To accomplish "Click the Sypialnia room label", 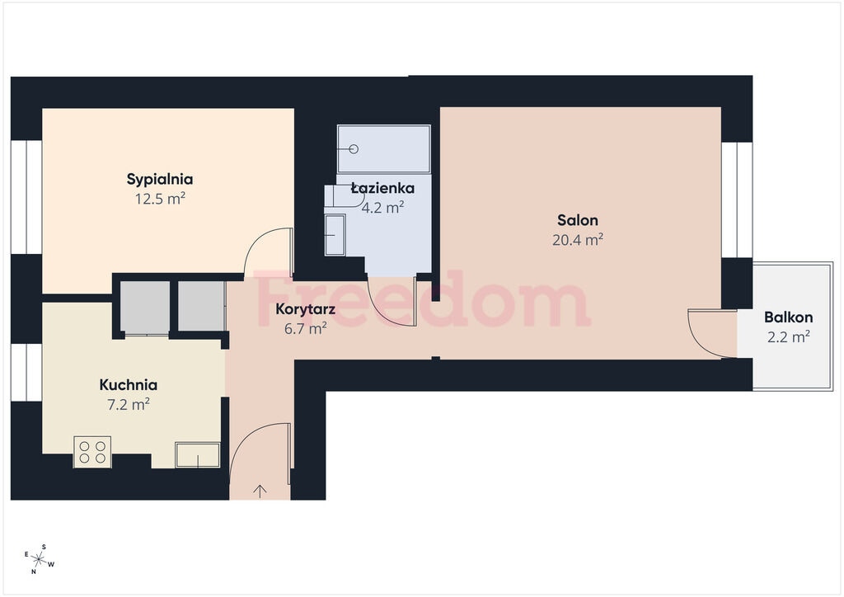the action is pos(160,179).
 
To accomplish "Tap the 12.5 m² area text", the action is pos(160,199).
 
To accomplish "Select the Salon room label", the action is pos(578,220).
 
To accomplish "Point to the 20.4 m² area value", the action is pos(578,240).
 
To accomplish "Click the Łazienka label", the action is pos(382,188).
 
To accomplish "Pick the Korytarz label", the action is pos(305,309).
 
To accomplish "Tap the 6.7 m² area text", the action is pos(305,328).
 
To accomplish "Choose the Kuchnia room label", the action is pos(128,385).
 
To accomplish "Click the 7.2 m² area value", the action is pos(128,404).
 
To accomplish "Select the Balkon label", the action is pos(789,317).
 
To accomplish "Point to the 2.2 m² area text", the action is pos(789,336).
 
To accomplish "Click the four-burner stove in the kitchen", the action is pos(92,452).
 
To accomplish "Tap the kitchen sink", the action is pos(198,455).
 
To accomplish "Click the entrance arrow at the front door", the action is pos(260,491).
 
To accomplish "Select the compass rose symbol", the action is pos(39,559).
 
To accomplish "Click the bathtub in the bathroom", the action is pos(383,149).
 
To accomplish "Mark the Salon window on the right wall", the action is pos(737,200).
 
